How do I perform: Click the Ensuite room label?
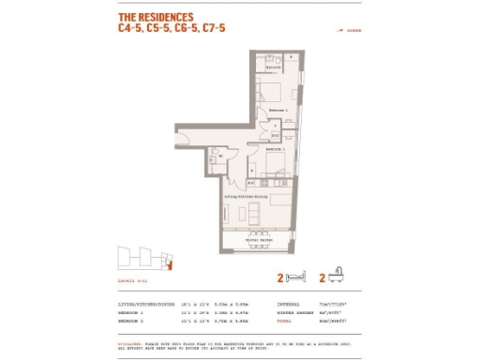[274, 68]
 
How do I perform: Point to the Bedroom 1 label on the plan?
[277, 111]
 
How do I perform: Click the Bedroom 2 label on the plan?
[275, 149]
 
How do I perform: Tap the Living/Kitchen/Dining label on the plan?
[247, 197]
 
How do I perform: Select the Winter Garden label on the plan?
[259, 240]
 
